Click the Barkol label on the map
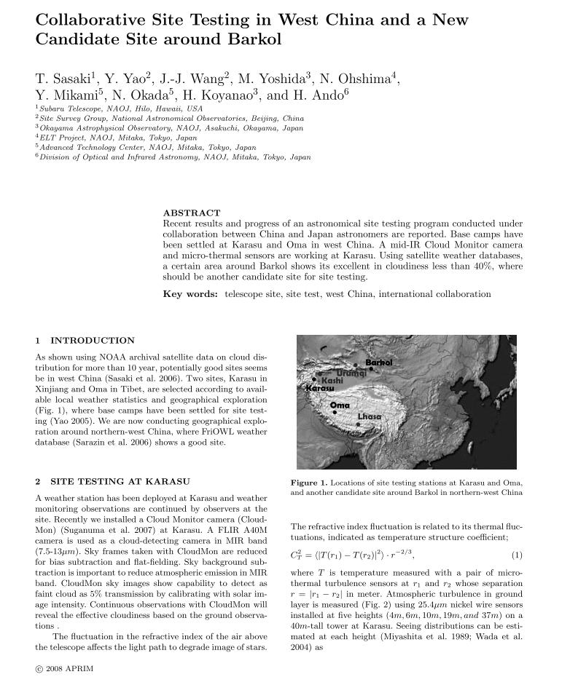tap(379, 362)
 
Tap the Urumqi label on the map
tap(351, 373)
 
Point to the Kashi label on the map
tap(332, 381)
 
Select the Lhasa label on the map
tap(370, 416)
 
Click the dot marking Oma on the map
tap(335, 412)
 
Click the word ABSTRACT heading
tap(192, 213)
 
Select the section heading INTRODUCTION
tap(92, 340)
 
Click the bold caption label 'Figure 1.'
tap(314, 482)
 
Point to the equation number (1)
tap(517, 556)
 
